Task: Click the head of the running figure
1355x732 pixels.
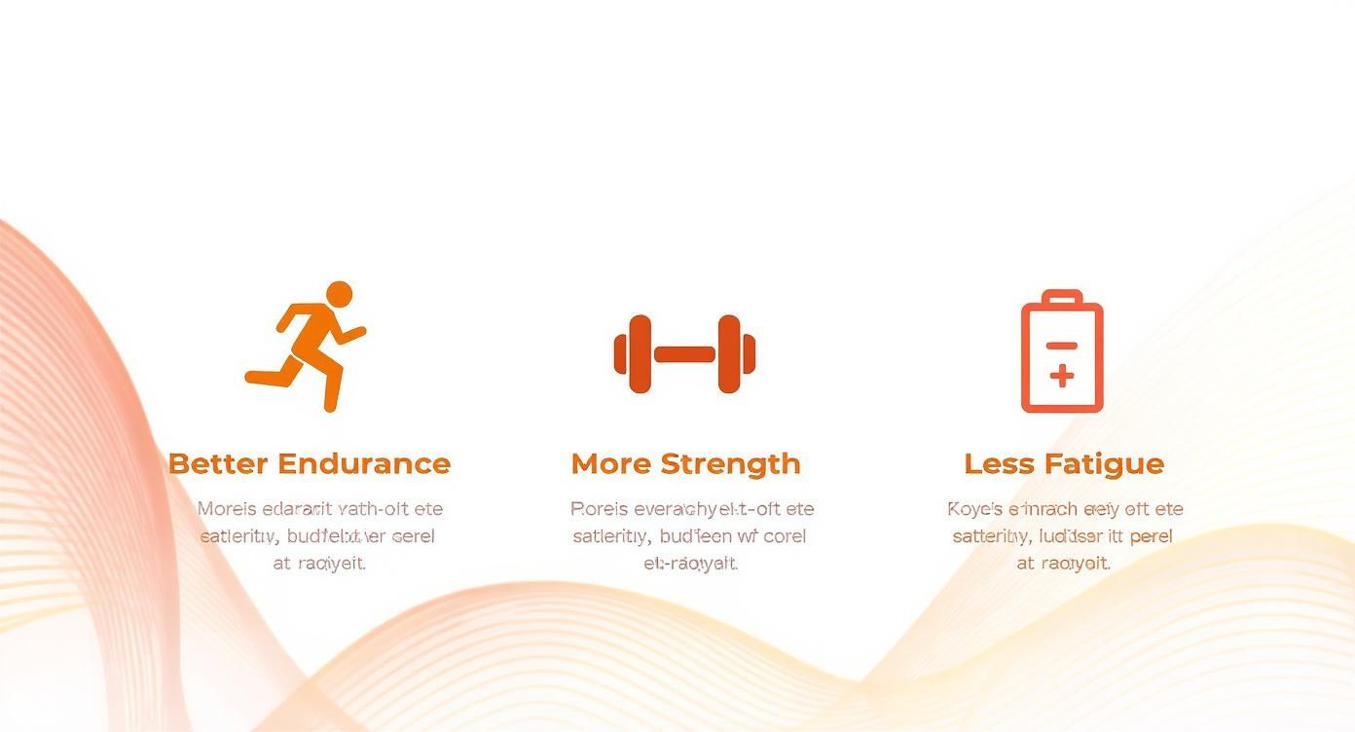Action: [339, 294]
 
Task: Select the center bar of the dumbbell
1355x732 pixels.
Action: [684, 354]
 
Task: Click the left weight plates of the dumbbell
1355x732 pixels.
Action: [634, 354]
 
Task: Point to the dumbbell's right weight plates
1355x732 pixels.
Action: [735, 354]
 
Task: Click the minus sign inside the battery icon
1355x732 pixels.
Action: [1062, 346]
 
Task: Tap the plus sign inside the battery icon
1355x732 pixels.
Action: [1062, 376]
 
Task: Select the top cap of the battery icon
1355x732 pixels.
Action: [1062, 296]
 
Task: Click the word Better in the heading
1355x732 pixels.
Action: [217, 463]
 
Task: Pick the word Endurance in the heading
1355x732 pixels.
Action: [364, 463]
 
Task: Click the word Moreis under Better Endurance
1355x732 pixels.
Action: [227, 508]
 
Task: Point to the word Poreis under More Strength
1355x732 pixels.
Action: [598, 508]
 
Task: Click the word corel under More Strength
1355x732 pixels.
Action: [785, 535]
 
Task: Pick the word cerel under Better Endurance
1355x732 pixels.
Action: [413, 535]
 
